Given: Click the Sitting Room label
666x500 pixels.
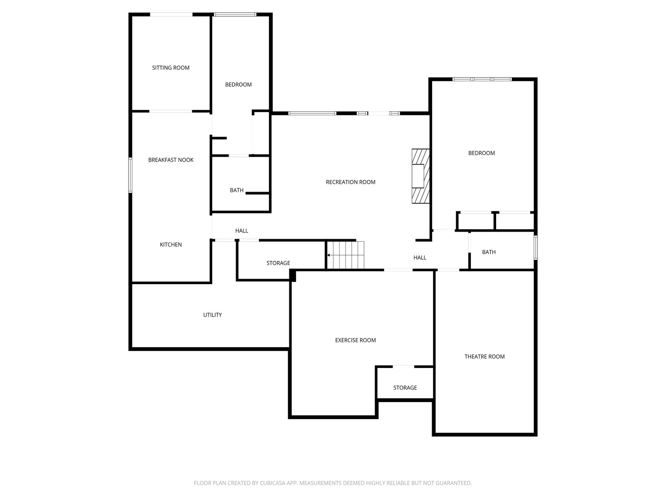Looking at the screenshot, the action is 171,67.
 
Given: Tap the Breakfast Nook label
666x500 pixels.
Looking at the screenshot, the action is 171,160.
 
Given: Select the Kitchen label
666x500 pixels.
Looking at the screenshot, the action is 171,245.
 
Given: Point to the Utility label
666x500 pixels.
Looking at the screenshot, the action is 212,315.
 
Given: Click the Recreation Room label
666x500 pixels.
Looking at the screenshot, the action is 350,182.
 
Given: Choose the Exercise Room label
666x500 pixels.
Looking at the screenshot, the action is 355,340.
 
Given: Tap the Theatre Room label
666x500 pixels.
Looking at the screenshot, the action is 485,357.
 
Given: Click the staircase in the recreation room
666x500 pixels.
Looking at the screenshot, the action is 345,255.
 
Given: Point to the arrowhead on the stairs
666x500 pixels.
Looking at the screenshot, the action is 328,255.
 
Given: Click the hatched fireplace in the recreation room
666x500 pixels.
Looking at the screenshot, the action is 420,176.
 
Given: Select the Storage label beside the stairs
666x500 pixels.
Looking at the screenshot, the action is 278,263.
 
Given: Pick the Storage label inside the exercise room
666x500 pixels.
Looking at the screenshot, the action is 405,388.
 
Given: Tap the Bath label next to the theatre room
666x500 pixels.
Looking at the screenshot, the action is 489,252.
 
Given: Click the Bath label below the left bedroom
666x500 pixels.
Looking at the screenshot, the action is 237,190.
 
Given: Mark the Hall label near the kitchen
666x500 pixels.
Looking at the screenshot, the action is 242,231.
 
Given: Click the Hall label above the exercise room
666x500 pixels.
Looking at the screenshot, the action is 420,258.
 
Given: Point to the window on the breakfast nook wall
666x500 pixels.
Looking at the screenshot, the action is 130,175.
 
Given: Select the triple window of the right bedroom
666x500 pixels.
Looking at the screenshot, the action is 482,79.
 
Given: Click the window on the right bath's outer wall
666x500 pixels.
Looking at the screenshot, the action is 536,248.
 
